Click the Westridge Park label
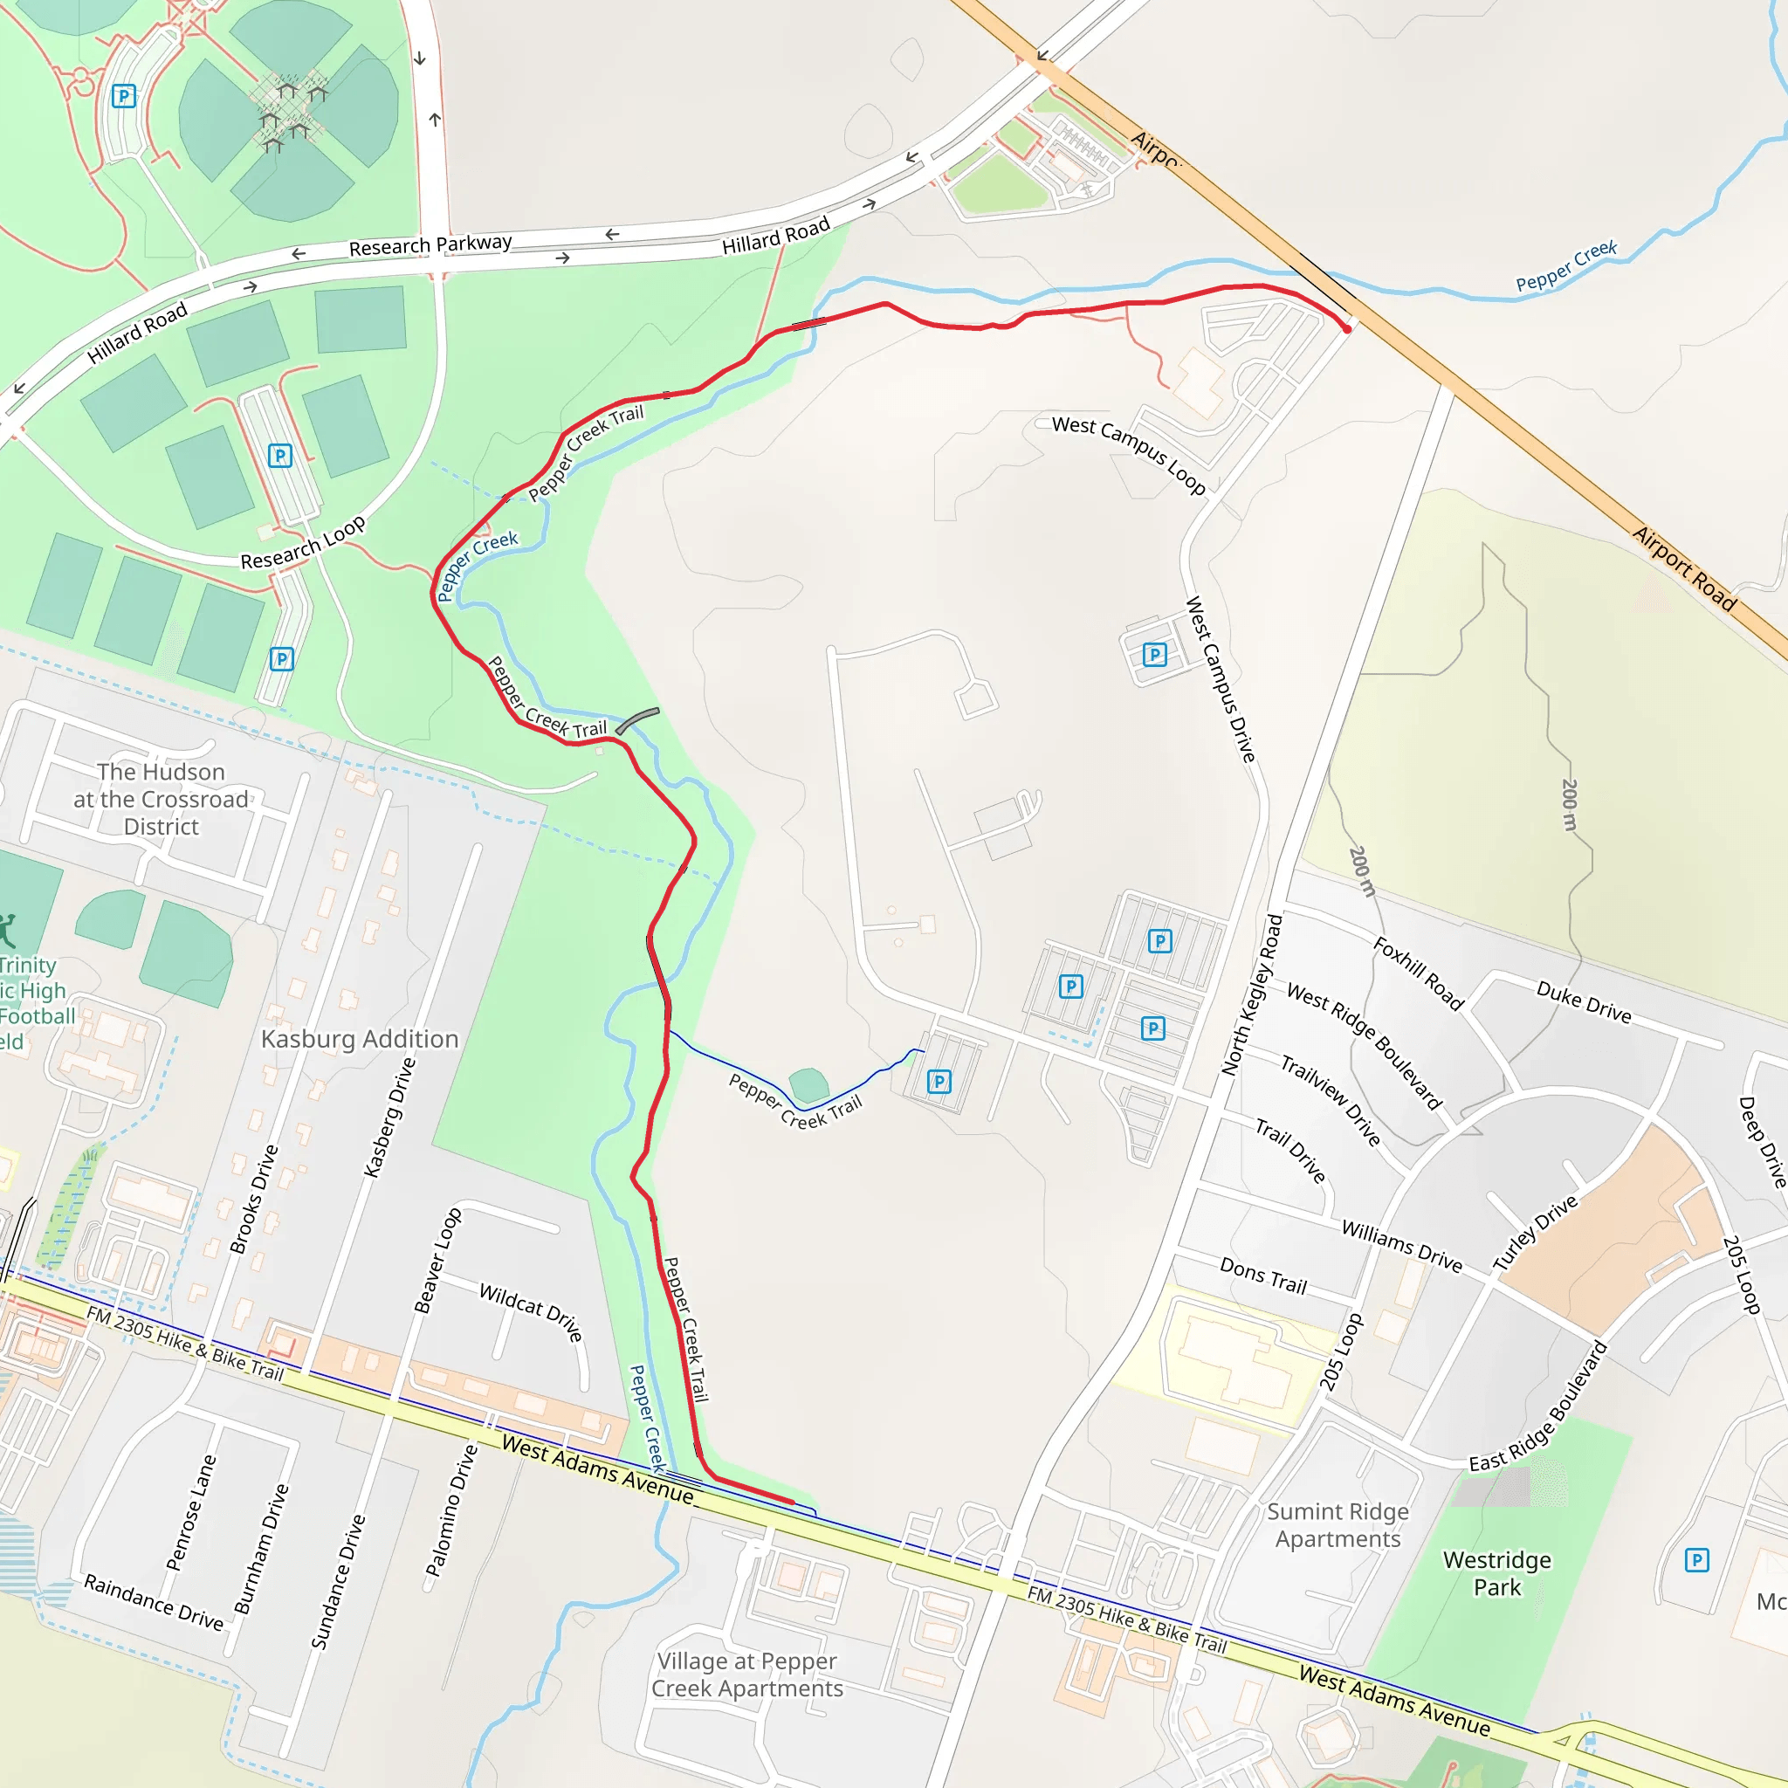1496,1573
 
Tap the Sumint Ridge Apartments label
1338,1525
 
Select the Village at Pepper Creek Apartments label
746,1675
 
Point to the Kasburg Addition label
359,1039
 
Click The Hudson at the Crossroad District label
161,799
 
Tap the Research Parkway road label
430,245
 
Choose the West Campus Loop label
1129,453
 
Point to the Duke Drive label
1584,1002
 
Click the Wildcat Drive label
531,1311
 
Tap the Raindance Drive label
154,1602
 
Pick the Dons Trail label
1263,1276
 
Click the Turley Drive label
1536,1233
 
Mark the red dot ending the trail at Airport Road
1346,328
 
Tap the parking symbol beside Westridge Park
1696,1560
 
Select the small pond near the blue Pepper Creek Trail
808,1085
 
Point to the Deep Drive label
1761,1142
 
